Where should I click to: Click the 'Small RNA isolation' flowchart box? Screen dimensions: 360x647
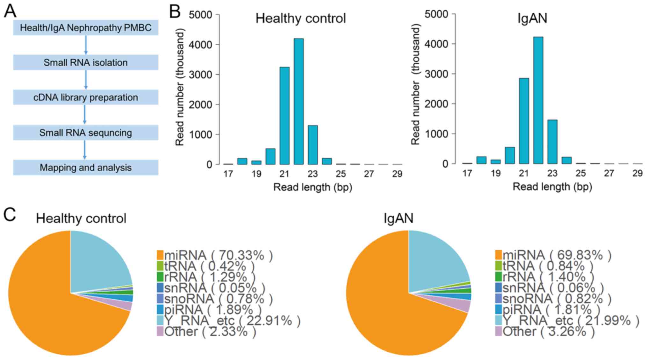(x=85, y=62)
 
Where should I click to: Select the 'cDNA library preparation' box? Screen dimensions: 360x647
(x=85, y=97)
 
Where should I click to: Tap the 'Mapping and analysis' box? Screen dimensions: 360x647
(x=85, y=168)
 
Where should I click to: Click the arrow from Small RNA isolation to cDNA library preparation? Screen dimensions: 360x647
(x=85, y=80)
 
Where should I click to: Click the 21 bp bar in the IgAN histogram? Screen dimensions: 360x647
(x=524, y=121)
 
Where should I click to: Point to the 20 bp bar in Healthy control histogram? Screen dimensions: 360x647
(x=270, y=156)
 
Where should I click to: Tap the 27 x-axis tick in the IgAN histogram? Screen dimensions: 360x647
(x=609, y=173)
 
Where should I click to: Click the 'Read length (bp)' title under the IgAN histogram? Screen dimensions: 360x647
(x=552, y=187)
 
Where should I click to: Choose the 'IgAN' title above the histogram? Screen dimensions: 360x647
(x=532, y=18)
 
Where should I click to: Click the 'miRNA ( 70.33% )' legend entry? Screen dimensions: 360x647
(x=215, y=256)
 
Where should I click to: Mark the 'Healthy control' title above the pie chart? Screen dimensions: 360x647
(x=81, y=219)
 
